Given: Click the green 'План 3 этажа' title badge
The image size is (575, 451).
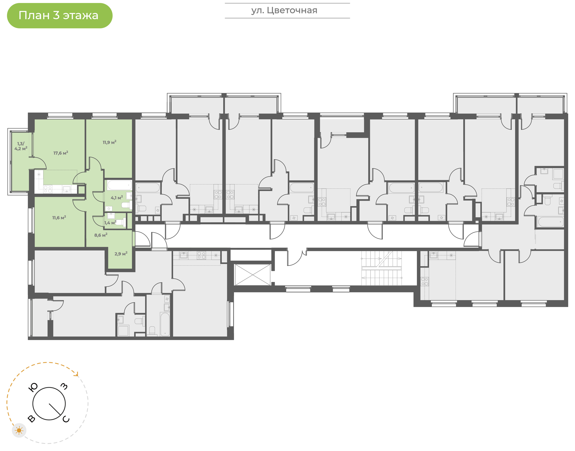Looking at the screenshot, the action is pos(60,16).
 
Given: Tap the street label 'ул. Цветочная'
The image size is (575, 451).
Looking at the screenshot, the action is pos(284,11).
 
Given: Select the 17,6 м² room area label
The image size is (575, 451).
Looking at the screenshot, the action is pos(61,153).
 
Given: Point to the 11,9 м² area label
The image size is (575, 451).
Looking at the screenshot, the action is pos(109,142).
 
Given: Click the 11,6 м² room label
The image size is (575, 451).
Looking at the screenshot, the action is pos(59,218).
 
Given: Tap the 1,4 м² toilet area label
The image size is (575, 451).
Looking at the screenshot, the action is pos(110,223).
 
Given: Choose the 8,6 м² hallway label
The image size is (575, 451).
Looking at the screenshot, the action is pos(101,235).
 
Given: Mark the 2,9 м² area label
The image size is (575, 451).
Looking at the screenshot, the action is pos(121,253).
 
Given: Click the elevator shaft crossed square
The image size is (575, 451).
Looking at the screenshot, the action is pos(253,275).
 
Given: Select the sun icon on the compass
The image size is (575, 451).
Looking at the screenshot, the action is pos(19,430).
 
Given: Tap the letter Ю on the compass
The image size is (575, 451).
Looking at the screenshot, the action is pos(33,387).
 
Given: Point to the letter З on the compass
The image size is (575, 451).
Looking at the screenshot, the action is pos(64,386).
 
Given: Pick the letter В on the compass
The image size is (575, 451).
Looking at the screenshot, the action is pos(31,418).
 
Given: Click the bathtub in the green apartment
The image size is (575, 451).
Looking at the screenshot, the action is pos(119,185).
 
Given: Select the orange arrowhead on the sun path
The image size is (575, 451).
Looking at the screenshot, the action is pos(77,374).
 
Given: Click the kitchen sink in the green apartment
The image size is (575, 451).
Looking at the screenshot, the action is pos(66,189).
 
